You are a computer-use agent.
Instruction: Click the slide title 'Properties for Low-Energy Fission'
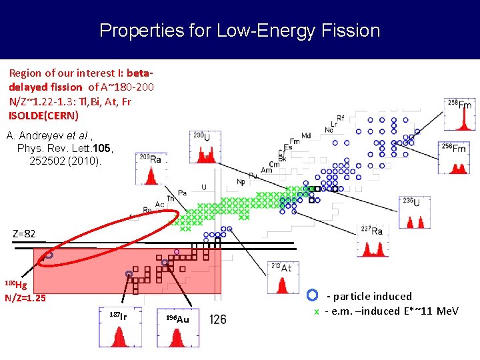pos(239,31)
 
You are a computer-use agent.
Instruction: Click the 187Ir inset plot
pos(120,328)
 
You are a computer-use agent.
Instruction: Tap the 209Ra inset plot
pos(151,169)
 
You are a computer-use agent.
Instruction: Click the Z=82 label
pos(24,234)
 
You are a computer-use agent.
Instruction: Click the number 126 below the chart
pos(218,319)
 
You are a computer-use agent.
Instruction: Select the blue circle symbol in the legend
pos(313,295)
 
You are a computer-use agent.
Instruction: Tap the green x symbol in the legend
pos(317,312)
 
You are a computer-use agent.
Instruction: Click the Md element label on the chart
pos(306,136)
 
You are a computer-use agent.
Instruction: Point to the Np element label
pos(241,181)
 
